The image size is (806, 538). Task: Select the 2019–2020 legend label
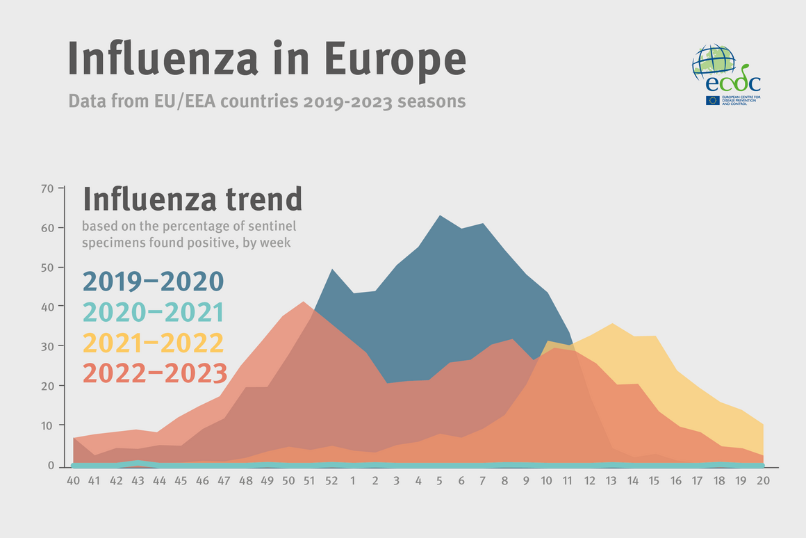(x=153, y=282)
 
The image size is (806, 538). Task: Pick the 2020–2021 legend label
(x=153, y=313)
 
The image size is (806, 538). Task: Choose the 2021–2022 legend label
(x=153, y=343)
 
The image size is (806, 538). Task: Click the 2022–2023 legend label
(x=154, y=373)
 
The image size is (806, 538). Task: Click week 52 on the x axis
(x=332, y=480)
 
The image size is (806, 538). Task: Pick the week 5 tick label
(x=439, y=480)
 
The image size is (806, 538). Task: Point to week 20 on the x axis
(x=763, y=480)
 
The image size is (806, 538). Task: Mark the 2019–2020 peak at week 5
(x=439, y=216)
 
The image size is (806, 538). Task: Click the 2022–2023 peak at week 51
(x=303, y=302)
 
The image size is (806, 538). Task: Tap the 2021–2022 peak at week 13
(x=612, y=324)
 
